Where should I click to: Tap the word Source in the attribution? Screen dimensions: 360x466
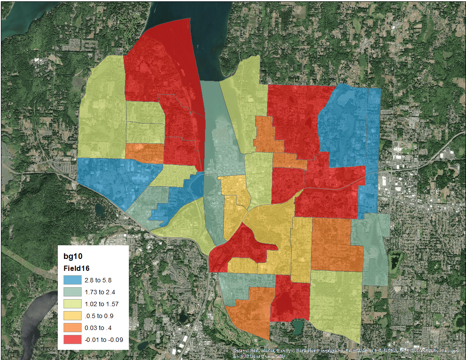click(x=241, y=351)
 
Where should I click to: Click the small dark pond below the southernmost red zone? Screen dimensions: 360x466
click(x=298, y=327)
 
